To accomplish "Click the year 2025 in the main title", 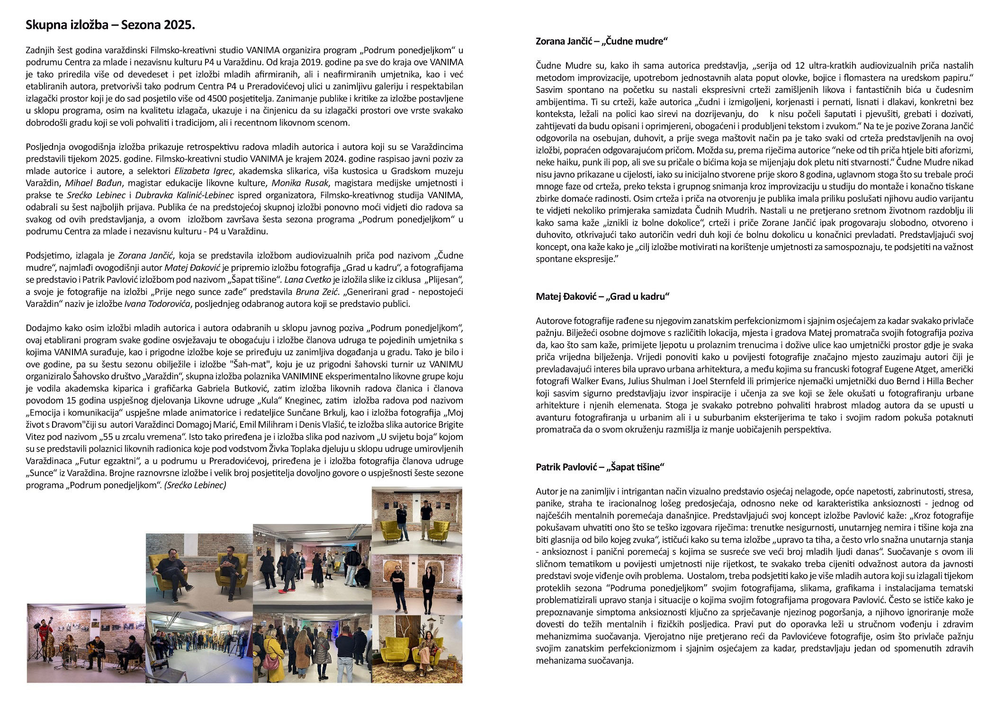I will [180, 26].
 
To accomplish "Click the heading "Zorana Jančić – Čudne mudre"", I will [601, 42].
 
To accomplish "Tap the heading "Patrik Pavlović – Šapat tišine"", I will [600, 467].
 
